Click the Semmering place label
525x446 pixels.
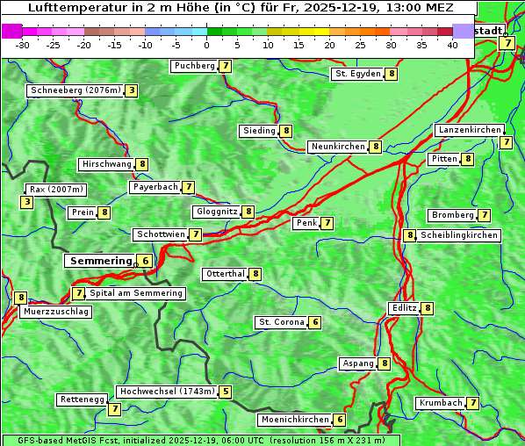point(99,261)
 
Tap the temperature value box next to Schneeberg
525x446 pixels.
point(132,90)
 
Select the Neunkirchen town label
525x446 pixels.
point(338,147)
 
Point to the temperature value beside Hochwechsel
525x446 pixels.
point(227,392)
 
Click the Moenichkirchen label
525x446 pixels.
point(295,420)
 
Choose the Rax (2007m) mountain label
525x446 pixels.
point(57,190)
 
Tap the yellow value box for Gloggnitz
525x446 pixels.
point(248,212)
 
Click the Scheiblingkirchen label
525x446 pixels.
point(458,235)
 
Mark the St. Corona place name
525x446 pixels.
point(281,322)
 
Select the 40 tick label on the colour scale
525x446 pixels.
point(452,44)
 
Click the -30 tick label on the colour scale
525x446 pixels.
point(23,44)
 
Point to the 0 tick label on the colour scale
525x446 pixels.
point(206,44)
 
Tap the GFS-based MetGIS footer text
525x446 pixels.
point(200,440)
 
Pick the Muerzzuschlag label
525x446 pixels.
point(56,312)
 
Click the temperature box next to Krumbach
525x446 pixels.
point(473,403)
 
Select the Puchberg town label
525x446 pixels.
point(194,66)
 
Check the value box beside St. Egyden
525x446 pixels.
point(392,74)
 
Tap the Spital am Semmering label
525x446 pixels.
point(136,293)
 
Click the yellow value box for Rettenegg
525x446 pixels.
point(114,408)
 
